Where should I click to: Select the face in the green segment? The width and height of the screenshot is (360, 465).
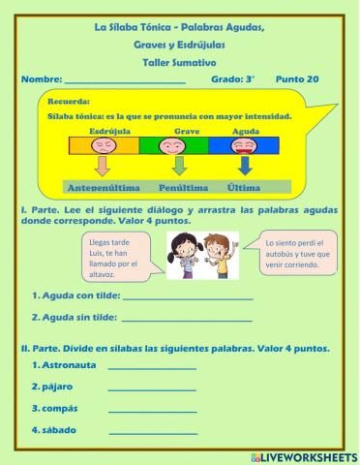pyautogui.click(x=173, y=146)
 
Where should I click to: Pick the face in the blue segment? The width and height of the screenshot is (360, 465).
pyautogui.click(x=245, y=146)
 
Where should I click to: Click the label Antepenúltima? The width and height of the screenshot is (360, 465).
pyautogui.click(x=102, y=186)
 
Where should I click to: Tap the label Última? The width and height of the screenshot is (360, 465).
pyautogui.click(x=245, y=186)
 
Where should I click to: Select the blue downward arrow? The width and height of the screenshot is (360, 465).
pyautogui.click(x=245, y=167)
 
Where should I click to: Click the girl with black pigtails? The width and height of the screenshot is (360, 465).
pyautogui.click(x=184, y=255)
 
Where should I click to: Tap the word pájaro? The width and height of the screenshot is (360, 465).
pyautogui.click(x=52, y=387)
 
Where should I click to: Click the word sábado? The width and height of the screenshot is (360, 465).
pyautogui.click(x=55, y=429)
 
